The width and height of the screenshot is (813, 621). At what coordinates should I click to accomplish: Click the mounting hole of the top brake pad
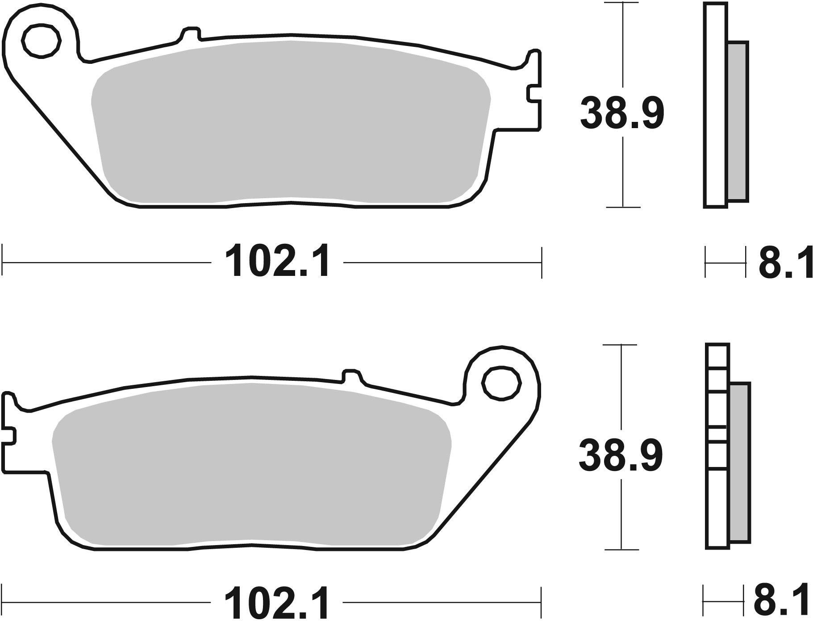pos(41,41)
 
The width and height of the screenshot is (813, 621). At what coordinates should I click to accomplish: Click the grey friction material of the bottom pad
pos(250,464)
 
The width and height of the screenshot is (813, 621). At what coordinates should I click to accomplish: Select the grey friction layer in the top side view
pos(738,121)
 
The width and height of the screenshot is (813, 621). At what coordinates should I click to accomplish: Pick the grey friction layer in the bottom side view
pos(740,462)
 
